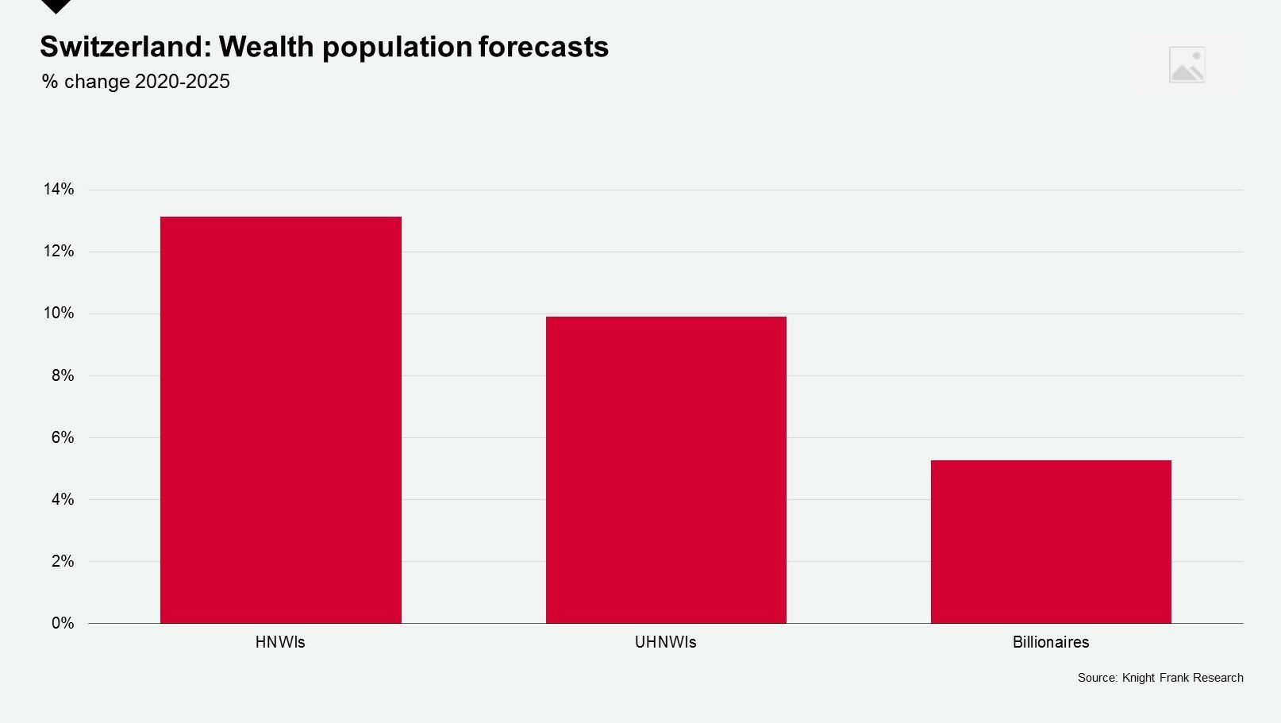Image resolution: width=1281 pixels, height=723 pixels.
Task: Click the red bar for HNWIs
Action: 280,420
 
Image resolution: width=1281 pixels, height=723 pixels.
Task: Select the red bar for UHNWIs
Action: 666,470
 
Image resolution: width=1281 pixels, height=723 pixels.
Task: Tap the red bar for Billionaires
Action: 1051,541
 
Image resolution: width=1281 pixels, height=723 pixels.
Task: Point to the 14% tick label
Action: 59,189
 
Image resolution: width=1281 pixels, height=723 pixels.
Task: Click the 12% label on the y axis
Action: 59,251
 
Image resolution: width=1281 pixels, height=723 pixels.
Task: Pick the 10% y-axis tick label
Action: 59,313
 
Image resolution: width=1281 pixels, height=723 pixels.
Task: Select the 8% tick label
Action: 62,375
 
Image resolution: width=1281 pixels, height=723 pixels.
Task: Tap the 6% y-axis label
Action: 62,437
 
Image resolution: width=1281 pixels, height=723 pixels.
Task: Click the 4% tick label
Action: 62,499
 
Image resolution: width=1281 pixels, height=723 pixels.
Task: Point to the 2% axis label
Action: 62,561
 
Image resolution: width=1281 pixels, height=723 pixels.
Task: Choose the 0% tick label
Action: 62,623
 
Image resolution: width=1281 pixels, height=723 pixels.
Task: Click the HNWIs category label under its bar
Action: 280,642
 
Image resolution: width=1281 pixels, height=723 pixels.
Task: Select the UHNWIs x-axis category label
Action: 666,642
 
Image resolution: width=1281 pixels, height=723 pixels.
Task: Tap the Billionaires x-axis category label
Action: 1051,642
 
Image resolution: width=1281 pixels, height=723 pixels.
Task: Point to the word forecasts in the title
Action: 544,47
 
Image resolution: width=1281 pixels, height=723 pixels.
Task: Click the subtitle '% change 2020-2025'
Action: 136,82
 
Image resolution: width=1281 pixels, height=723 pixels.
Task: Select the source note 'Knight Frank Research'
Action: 1183,678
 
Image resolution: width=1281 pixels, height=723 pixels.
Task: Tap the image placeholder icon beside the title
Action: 1187,65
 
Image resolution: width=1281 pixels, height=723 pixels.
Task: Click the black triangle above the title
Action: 56,6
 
